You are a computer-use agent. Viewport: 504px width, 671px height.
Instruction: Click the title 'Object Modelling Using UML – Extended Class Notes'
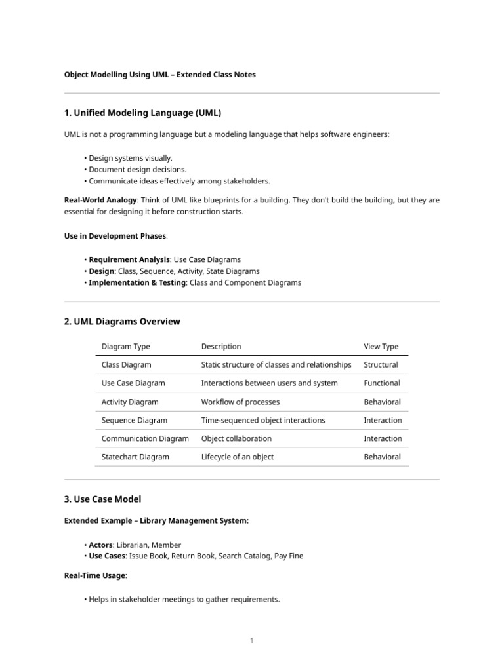coord(159,75)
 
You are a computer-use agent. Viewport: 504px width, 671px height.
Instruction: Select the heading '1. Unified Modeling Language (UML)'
coord(147,113)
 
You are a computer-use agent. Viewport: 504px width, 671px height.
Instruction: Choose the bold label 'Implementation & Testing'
coord(137,282)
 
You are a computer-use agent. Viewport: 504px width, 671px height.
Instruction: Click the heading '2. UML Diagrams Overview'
coord(122,322)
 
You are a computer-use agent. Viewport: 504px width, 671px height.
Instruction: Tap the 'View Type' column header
coord(381,347)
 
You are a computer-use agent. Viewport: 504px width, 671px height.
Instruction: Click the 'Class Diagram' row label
coord(126,365)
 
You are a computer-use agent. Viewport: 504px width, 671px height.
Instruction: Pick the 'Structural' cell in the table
coord(381,365)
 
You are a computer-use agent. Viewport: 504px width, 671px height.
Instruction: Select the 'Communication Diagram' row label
coord(145,438)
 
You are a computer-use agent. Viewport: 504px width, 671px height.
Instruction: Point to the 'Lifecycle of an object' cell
coord(238,457)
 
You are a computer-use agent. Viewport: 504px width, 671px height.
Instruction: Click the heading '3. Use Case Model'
coord(102,499)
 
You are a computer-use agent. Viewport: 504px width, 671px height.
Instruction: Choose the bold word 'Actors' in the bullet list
coord(100,545)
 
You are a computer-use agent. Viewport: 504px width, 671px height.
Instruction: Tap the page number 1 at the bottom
coord(251,641)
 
